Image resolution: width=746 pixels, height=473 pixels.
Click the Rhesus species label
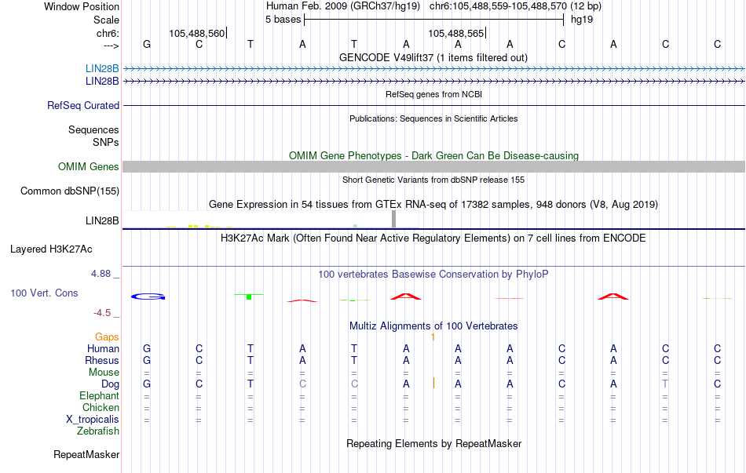(x=102, y=360)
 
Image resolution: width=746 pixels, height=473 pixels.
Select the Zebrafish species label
(x=98, y=431)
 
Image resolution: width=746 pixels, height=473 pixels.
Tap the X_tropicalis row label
(x=93, y=420)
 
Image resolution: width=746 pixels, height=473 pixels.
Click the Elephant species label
(x=99, y=396)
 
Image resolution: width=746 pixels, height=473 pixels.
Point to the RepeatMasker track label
(x=86, y=454)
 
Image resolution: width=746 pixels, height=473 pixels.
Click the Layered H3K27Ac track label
(x=51, y=249)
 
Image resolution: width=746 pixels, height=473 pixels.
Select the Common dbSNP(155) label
(x=70, y=191)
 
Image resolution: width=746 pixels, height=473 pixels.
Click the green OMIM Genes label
(x=89, y=167)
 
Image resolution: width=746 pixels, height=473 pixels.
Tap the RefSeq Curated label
(x=83, y=106)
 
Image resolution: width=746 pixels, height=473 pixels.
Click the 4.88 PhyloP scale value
(x=101, y=274)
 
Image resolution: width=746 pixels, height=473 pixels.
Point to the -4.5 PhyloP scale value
(x=102, y=313)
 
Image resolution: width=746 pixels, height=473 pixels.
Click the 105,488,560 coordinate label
(x=196, y=33)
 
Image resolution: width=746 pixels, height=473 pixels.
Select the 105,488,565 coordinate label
(x=455, y=33)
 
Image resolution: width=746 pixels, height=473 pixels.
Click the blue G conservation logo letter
(x=148, y=297)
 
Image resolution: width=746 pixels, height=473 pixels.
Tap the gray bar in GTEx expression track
(x=393, y=219)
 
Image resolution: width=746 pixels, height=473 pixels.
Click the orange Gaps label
(x=107, y=337)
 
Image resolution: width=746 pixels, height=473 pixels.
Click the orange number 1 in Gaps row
(x=433, y=337)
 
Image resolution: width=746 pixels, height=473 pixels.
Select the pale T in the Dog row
(x=665, y=384)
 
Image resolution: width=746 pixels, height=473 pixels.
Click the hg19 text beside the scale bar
(x=582, y=20)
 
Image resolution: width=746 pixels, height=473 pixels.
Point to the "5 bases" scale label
(x=283, y=20)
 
